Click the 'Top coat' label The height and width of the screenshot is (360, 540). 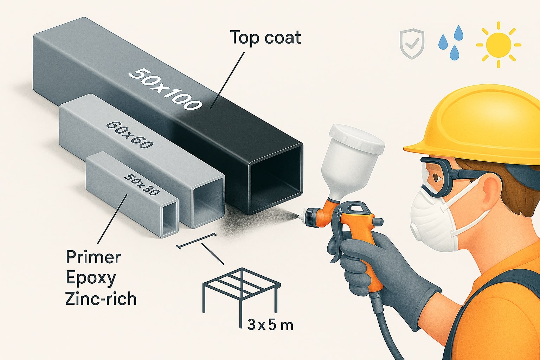(x=265, y=38)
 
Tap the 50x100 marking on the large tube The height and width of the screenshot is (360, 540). (x=166, y=89)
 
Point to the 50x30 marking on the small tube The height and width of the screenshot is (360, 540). (x=142, y=185)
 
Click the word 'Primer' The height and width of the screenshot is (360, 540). (x=93, y=257)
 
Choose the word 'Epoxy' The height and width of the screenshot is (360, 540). (x=90, y=278)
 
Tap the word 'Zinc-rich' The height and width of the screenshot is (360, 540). (x=101, y=299)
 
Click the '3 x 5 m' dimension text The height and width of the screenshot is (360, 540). (x=270, y=324)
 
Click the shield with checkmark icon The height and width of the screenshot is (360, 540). (x=412, y=44)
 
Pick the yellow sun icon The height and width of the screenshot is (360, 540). (x=499, y=45)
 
